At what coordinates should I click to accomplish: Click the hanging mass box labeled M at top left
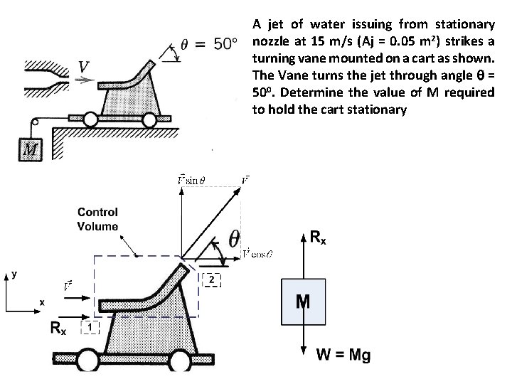coord(31,149)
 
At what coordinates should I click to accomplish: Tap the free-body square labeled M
coord(303,302)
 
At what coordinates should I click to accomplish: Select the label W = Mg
coord(343,355)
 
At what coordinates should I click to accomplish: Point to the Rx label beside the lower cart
coord(59,328)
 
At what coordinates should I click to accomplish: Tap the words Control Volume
coord(97,218)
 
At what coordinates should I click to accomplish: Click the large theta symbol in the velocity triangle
coord(233,238)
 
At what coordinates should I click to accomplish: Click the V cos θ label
coord(258,252)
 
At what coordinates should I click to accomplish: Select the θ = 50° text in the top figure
coord(207,44)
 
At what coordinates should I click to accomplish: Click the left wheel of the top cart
coord(90,120)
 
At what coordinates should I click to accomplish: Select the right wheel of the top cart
coord(149,120)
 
